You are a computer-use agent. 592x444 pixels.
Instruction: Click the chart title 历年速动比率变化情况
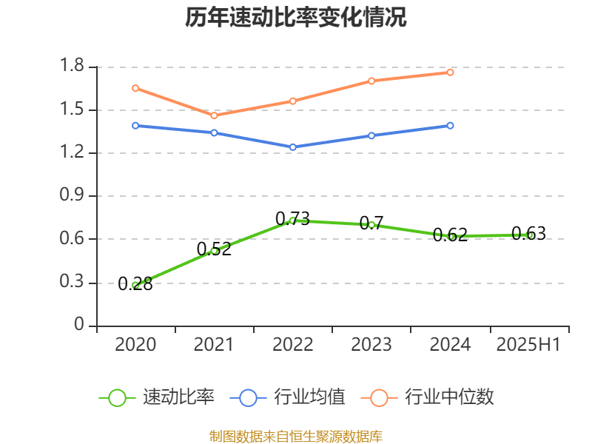click(296, 18)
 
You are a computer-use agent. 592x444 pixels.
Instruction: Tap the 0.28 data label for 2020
click(135, 283)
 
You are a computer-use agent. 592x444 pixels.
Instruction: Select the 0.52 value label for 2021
click(214, 249)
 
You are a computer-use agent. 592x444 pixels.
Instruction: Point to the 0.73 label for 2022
click(292, 218)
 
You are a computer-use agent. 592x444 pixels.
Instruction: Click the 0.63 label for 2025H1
click(528, 234)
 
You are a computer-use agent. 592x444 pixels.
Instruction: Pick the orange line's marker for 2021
click(214, 115)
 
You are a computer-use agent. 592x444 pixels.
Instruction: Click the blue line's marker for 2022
click(293, 147)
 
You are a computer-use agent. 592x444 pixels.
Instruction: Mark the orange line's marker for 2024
click(450, 72)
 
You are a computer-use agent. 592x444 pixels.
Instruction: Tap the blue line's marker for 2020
click(135, 125)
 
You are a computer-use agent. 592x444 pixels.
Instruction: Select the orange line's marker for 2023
click(371, 81)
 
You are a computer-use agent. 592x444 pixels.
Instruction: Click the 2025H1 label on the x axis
click(528, 345)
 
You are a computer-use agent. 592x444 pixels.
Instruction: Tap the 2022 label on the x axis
click(293, 345)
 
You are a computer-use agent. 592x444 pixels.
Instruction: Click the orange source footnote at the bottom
click(296, 436)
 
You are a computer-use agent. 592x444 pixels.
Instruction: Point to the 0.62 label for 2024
click(450, 235)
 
